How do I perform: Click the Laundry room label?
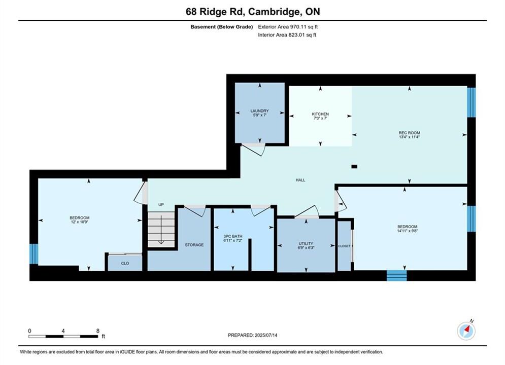(259, 111)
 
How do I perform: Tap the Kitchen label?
(320, 114)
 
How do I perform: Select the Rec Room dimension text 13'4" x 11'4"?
(409, 137)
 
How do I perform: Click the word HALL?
(300, 180)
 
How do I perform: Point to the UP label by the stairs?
(161, 204)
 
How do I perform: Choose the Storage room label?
(194, 245)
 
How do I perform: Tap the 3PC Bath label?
(233, 236)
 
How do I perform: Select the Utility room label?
(306, 244)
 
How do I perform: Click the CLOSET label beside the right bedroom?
(344, 246)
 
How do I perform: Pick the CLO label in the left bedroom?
(125, 264)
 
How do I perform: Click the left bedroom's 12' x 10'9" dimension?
(80, 222)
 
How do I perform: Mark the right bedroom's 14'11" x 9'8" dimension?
(408, 231)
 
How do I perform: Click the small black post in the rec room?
(354, 167)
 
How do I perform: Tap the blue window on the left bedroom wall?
(34, 254)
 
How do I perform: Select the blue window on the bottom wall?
(396, 276)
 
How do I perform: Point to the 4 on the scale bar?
(63, 331)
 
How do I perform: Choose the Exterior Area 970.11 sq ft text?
(288, 27)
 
